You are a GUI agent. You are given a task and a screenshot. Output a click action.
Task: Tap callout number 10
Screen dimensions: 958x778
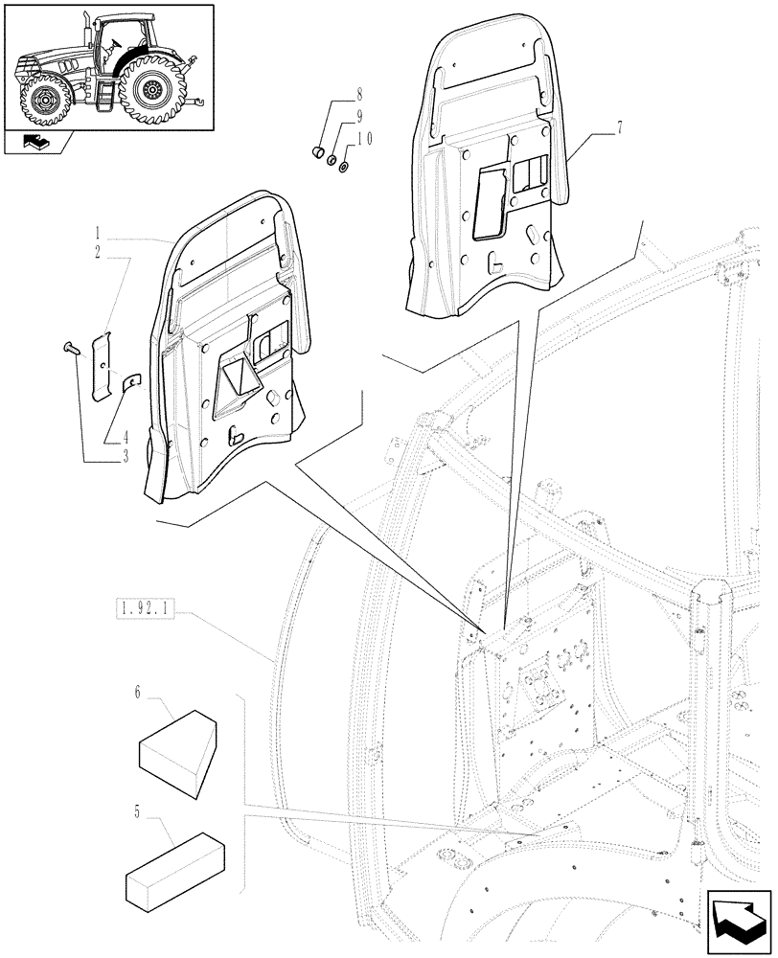click(359, 140)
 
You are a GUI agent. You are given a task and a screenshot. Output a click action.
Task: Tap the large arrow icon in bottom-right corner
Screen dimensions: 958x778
click(738, 918)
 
